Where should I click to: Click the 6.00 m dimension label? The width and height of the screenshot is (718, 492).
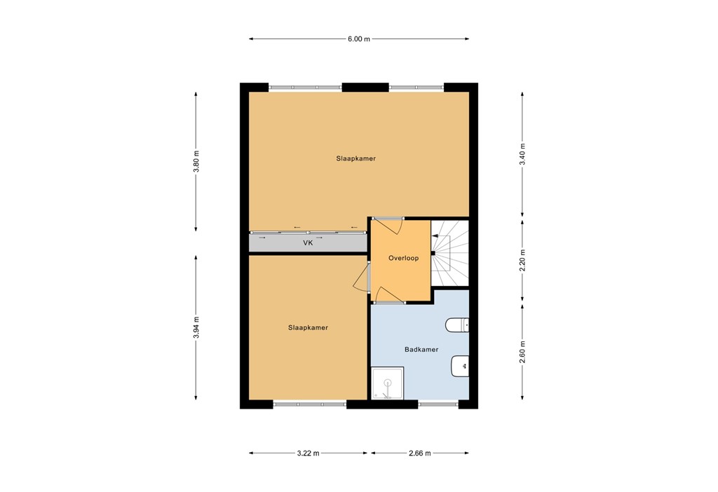[x=358, y=39]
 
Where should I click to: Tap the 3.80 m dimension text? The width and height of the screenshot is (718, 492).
[x=196, y=162]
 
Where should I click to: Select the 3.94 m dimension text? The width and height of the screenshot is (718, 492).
[x=196, y=327]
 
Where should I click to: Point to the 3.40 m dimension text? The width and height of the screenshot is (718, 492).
[x=522, y=153]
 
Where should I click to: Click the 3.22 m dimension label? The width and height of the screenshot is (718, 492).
[x=308, y=453]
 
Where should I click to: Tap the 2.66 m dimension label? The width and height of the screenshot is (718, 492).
[x=419, y=453]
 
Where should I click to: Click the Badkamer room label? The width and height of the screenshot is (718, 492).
[x=421, y=349]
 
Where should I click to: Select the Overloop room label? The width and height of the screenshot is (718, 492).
[x=403, y=258]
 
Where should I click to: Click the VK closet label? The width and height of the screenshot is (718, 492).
[x=307, y=243]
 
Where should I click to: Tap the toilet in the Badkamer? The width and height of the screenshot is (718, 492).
[x=457, y=324]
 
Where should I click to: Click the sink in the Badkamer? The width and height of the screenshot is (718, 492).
[x=460, y=364]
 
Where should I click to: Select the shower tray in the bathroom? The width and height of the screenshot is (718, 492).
[x=387, y=384]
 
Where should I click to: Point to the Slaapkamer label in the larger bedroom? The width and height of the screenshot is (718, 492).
[x=355, y=158]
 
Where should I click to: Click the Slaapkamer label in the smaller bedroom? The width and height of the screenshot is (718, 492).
[x=308, y=327]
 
